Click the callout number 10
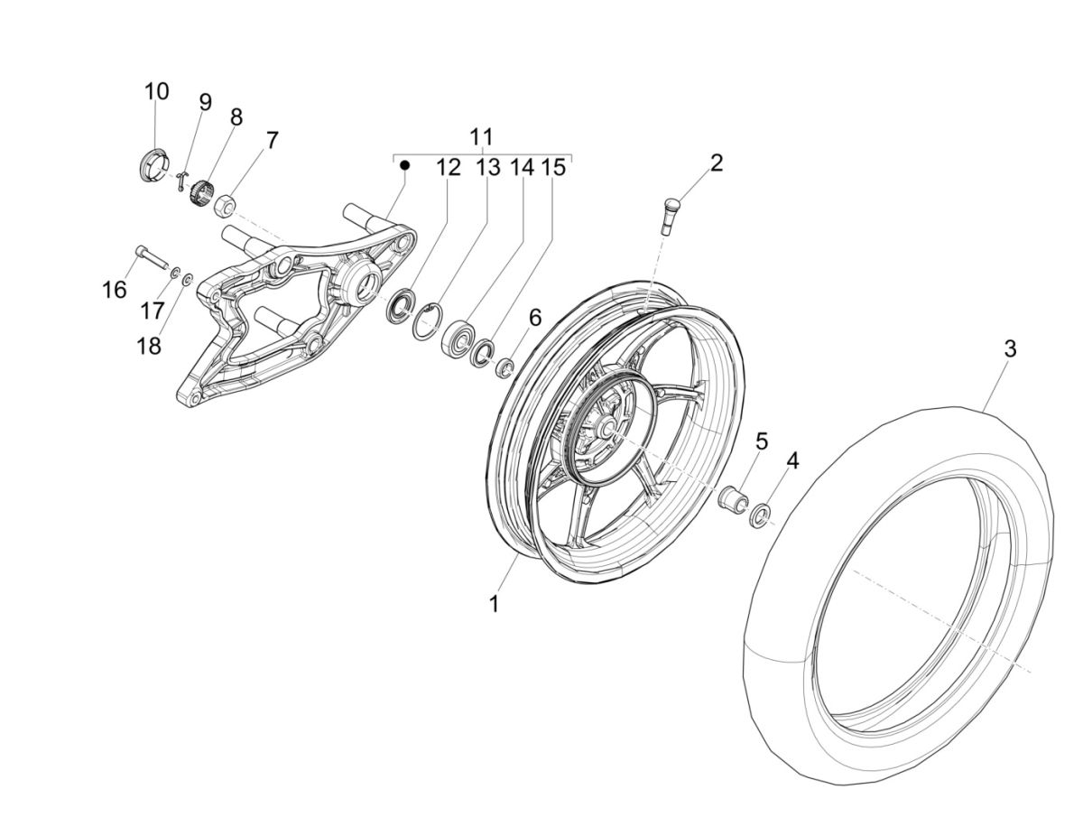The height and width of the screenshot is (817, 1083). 156,91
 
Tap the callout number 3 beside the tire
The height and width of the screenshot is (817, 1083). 1010,348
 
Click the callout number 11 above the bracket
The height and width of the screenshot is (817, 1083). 482,136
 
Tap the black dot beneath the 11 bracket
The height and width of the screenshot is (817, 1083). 405,166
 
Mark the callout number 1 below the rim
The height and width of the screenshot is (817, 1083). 494,604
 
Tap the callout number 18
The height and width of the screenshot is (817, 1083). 149,345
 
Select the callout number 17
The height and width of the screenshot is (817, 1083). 152,310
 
